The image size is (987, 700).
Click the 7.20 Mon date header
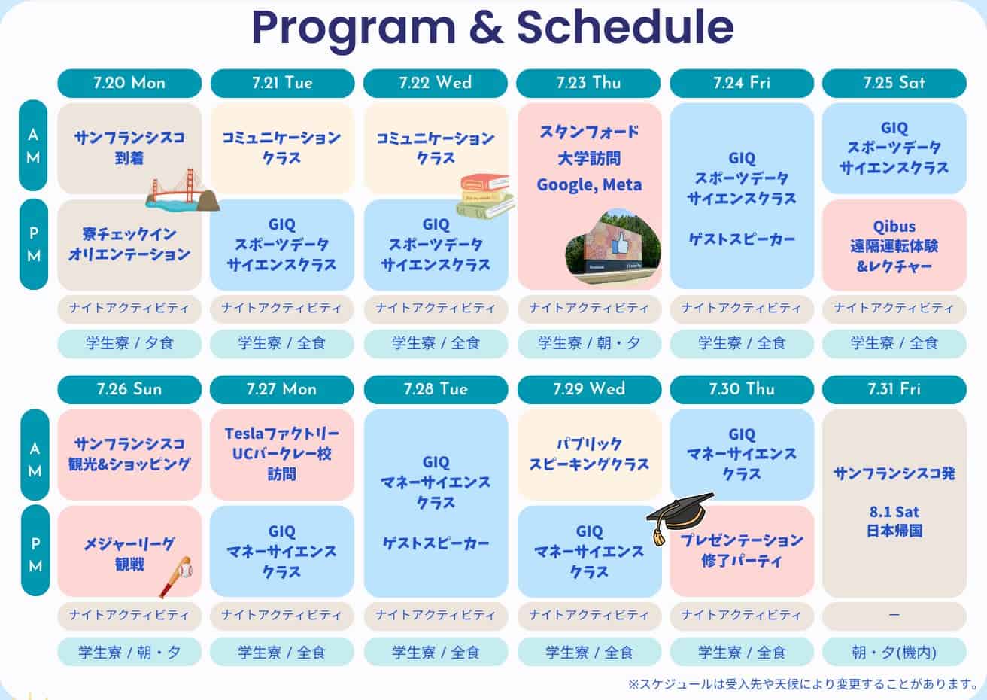click(129, 83)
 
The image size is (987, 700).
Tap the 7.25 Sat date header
click(894, 83)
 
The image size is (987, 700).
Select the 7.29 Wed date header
click(589, 389)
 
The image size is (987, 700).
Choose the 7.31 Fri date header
click(894, 389)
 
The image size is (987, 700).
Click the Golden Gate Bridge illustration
click(182, 191)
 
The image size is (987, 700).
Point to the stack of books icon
click(484, 196)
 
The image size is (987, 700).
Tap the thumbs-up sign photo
click(613, 247)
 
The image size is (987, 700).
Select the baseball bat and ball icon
click(176, 576)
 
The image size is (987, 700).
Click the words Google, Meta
click(589, 184)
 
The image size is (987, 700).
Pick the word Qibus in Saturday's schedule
click(894, 227)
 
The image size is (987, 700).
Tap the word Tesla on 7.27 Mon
click(244, 434)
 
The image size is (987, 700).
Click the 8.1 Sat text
click(894, 512)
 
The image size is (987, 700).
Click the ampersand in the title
click(486, 26)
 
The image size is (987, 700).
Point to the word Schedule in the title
click(625, 26)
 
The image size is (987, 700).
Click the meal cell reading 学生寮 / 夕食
click(129, 343)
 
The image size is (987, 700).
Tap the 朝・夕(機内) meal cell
click(894, 652)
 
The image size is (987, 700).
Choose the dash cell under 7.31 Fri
click(894, 616)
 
